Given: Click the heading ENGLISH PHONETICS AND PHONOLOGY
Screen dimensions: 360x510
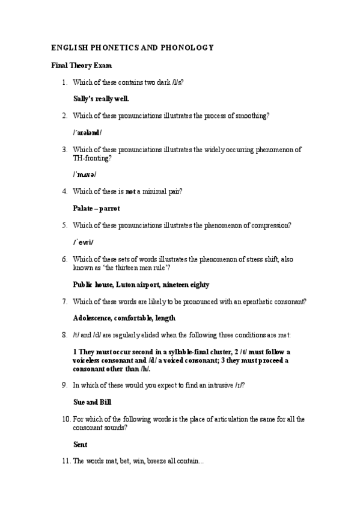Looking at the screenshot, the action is pos(132,48).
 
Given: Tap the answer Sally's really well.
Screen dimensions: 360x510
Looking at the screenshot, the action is pos(100,99).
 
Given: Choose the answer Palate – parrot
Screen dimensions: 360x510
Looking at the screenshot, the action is pos(96,208).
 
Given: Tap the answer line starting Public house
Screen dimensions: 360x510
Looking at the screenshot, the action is pos(141,284).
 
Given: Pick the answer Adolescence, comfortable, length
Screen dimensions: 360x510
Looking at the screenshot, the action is pos(124,318).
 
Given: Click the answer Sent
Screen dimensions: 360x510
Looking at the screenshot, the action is pos(80,444).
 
